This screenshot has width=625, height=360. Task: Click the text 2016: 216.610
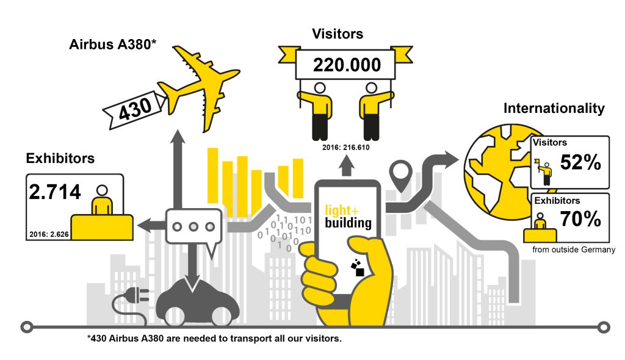pyautogui.click(x=347, y=147)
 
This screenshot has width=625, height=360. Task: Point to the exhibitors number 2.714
pyautogui.click(x=56, y=192)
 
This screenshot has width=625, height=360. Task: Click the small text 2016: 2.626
pyautogui.click(x=49, y=233)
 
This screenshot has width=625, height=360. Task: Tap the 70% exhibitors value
pyautogui.click(x=580, y=219)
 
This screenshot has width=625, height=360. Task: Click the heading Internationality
pyautogui.click(x=554, y=108)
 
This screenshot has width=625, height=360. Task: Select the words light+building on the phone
pyautogui.click(x=347, y=216)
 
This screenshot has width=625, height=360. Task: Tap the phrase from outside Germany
pyautogui.click(x=573, y=249)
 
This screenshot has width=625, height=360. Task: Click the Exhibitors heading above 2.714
pyautogui.click(x=60, y=158)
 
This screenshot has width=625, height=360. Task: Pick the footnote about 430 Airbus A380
pyautogui.click(x=214, y=339)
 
